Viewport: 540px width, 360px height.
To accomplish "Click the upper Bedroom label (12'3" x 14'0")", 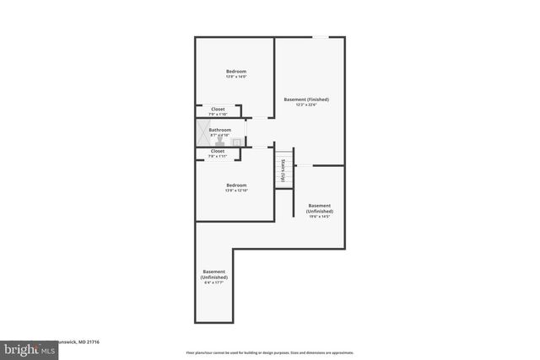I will point(235,71).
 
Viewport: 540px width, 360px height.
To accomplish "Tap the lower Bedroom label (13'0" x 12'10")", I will point(235,185).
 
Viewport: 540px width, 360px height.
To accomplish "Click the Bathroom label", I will point(219,130).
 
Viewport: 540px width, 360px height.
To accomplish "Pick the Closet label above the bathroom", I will point(218,109).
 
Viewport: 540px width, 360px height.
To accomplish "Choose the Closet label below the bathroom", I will point(218,151).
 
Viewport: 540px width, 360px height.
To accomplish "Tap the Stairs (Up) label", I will point(283,169).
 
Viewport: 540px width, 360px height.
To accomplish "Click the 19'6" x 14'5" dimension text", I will point(319,217).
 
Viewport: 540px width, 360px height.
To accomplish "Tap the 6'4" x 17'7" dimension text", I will point(213,282).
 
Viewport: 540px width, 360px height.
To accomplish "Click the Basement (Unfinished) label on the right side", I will point(319,208).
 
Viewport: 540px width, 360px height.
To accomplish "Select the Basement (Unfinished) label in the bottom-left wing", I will point(213,274).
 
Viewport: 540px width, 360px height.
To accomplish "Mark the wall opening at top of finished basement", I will point(321,37).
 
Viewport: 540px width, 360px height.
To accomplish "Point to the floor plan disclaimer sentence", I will point(270,352).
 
